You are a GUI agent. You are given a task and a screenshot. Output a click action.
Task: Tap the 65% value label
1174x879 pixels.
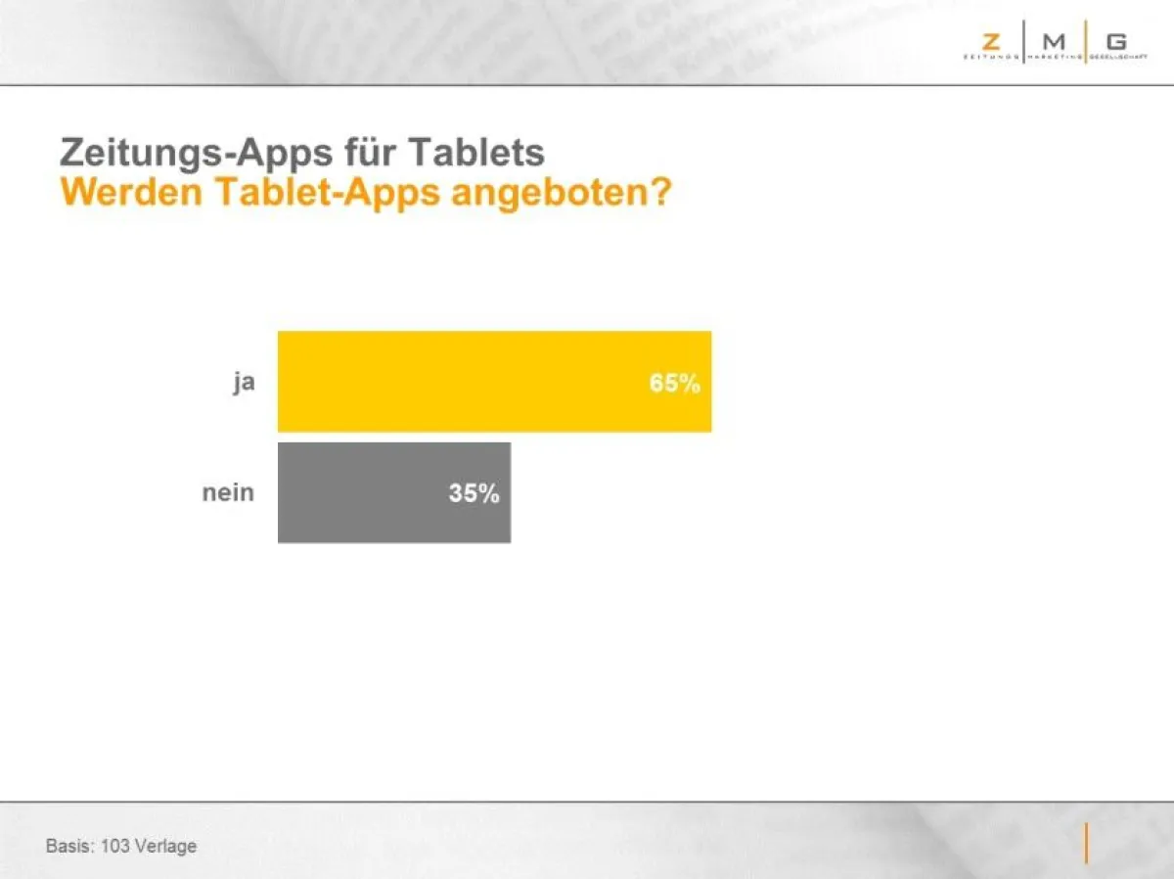click(674, 384)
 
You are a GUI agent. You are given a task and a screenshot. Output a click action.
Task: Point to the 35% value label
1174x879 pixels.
click(474, 493)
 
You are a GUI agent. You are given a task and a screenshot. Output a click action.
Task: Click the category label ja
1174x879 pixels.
click(244, 382)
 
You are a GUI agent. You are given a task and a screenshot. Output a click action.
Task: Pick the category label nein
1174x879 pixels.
click(228, 492)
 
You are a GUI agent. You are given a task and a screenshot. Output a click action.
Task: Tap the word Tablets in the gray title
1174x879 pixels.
click(476, 153)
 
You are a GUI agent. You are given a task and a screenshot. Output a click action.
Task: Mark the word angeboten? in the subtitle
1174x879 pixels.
click(561, 193)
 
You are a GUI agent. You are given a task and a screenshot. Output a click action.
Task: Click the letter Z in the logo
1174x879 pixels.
click(991, 41)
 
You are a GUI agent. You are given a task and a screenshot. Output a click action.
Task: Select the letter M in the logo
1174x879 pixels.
click(1054, 41)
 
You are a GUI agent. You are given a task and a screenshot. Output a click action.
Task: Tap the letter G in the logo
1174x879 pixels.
click(1116, 41)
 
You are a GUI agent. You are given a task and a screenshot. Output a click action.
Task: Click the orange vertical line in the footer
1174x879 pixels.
click(1085, 844)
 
